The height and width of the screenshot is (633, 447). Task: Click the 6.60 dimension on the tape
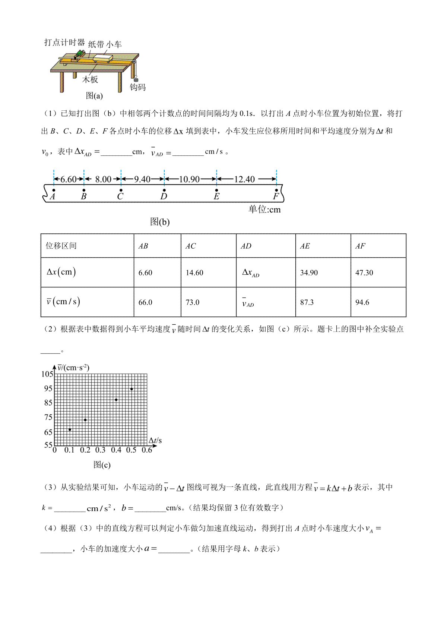tap(69, 179)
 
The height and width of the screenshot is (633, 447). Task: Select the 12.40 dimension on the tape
tap(244, 179)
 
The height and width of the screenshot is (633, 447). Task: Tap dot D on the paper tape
tap(164, 190)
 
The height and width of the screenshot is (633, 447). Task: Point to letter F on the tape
tap(276, 196)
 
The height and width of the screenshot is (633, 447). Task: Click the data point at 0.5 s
tap(131, 389)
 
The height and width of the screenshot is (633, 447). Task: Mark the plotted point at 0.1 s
tap(70, 430)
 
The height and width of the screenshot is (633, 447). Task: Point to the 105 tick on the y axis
tap(47, 374)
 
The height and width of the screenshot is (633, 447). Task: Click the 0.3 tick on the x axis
tap(100, 450)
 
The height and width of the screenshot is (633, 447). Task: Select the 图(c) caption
tap(102, 465)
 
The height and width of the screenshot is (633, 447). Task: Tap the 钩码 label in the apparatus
tap(137, 87)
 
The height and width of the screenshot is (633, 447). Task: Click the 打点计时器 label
tap(64, 42)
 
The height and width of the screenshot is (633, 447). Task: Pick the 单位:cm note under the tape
tap(264, 210)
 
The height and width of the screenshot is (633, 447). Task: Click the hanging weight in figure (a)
tap(135, 79)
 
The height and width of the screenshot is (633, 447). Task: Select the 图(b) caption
tap(160, 222)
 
